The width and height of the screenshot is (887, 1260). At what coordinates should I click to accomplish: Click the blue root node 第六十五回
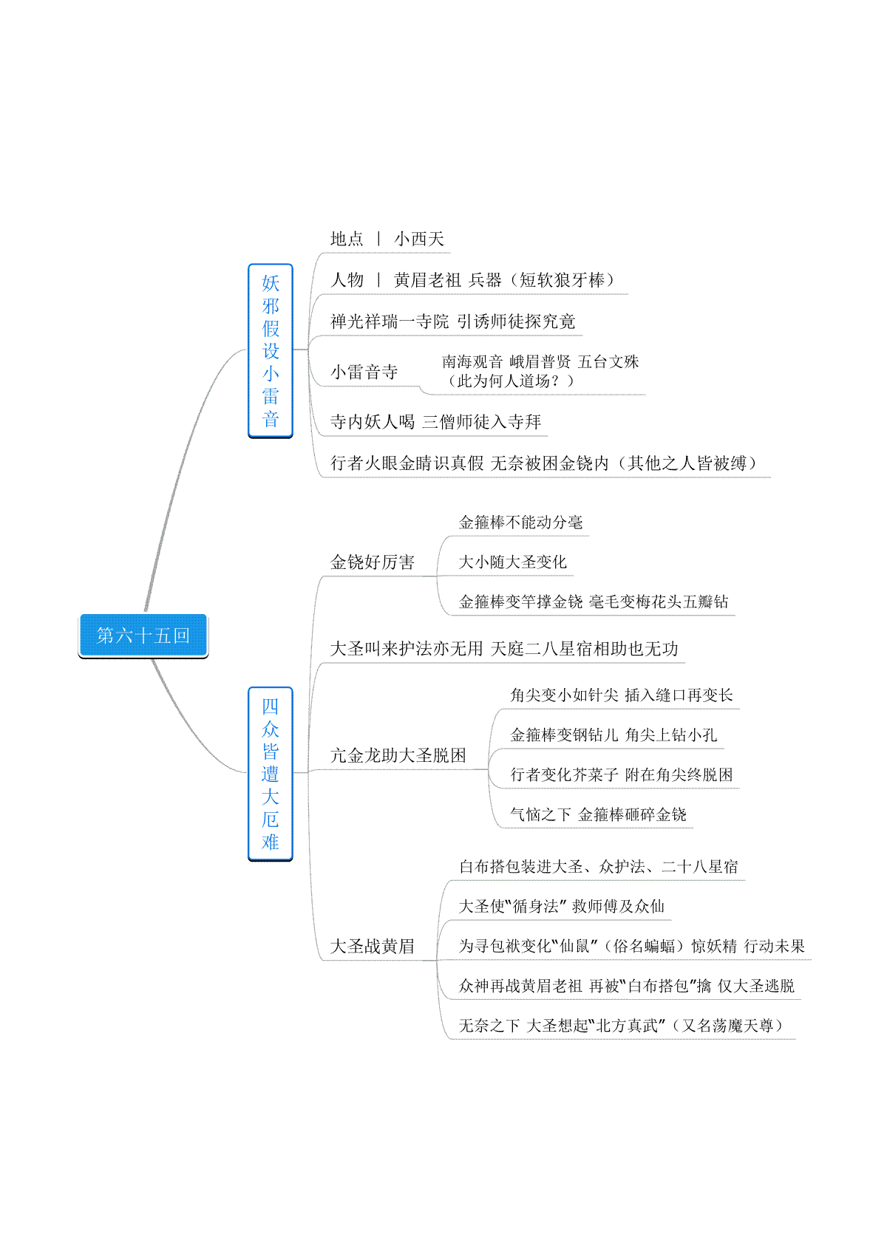(143, 636)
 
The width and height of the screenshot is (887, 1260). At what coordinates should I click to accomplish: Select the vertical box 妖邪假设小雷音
(270, 350)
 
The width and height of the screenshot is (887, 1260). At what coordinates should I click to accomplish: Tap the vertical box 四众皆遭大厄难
(270, 774)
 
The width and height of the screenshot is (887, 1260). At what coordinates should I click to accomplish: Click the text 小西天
(419, 239)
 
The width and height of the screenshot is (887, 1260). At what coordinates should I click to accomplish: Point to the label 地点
(347, 239)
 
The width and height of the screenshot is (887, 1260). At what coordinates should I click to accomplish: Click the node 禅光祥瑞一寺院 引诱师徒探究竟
(453, 321)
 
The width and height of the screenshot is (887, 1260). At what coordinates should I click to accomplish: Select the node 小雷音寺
(364, 372)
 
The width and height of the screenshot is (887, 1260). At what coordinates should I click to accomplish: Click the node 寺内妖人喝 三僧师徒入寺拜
(436, 422)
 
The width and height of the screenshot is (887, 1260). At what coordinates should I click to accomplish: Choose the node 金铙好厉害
(373, 562)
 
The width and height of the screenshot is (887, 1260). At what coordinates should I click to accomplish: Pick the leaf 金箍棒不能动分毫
(521, 522)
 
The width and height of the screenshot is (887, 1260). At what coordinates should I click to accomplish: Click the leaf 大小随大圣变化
(513, 562)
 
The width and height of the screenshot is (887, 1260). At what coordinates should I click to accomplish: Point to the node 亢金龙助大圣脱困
(398, 755)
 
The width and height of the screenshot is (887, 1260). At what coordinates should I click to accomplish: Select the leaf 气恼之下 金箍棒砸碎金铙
(599, 814)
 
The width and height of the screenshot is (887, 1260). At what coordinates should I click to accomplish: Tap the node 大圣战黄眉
(373, 946)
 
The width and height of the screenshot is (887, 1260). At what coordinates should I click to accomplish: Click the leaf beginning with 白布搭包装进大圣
(599, 866)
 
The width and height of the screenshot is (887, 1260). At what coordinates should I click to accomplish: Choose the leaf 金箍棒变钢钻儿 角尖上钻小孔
(614, 735)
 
